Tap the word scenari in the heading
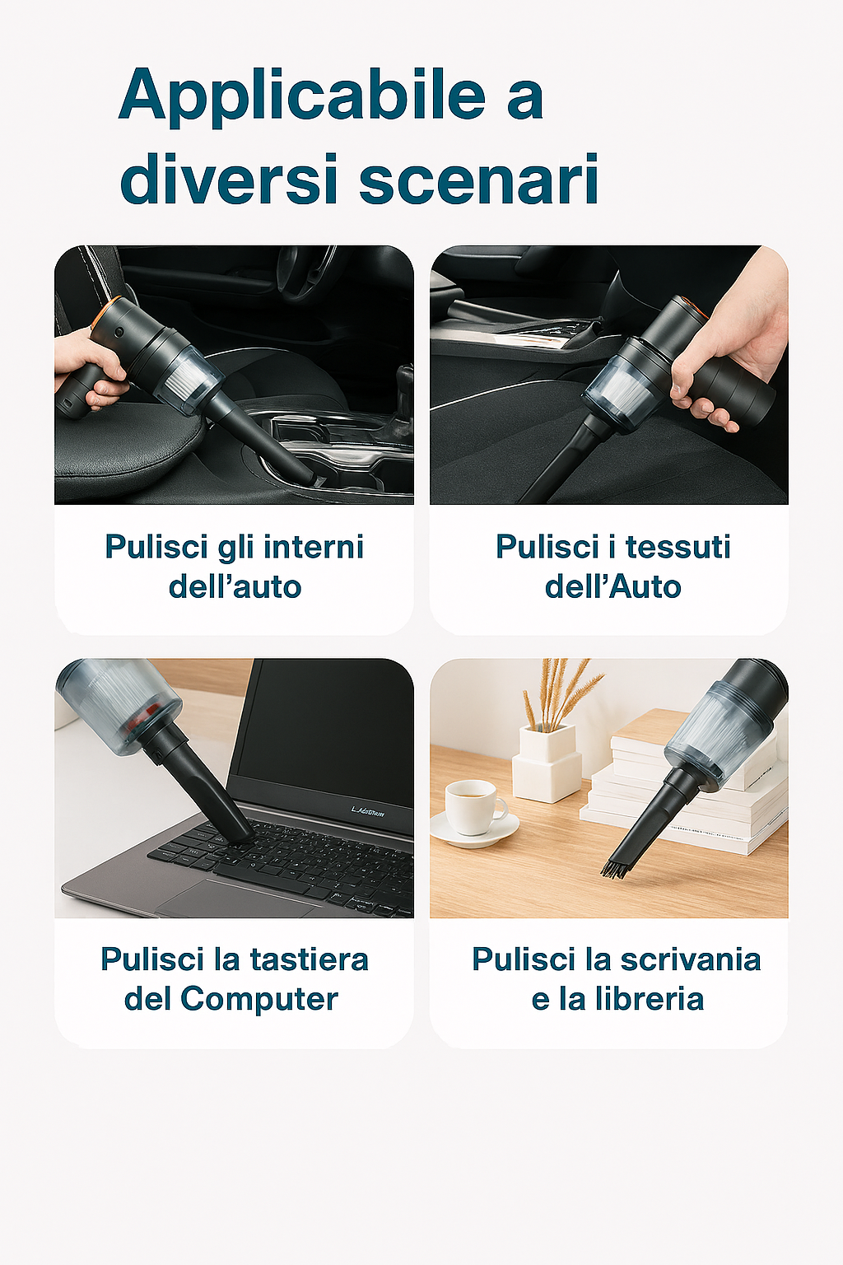tap(479, 179)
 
